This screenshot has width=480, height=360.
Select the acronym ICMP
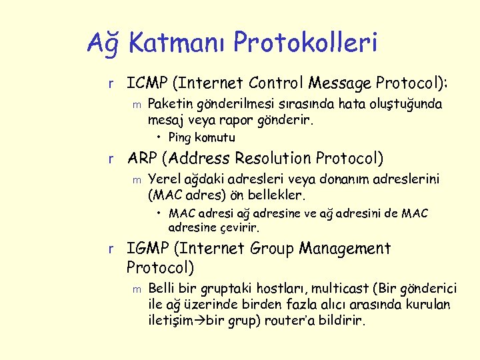(147, 83)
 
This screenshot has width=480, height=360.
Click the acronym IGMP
(147, 249)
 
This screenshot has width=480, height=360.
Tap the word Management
(345, 249)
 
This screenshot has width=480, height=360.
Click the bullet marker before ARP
(113, 159)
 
